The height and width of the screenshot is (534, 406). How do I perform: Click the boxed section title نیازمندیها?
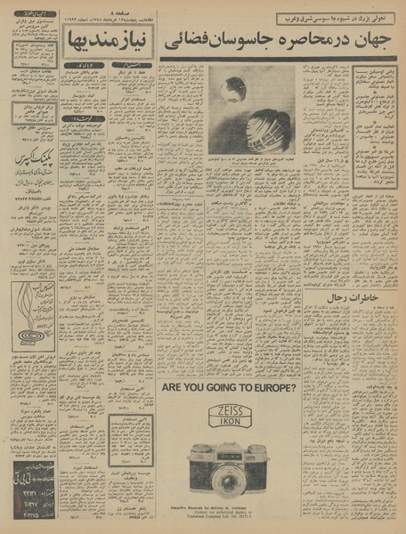pos(105,40)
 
